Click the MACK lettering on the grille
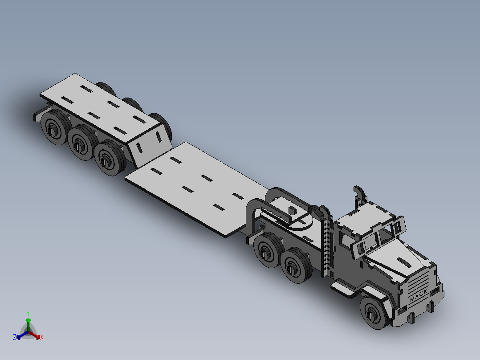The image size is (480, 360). coord(419,295)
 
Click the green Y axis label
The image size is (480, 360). coord(28,313)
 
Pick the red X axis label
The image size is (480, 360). coord(41,338)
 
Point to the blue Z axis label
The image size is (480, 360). coord(15,338)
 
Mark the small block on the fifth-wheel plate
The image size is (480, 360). coord(292,210)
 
